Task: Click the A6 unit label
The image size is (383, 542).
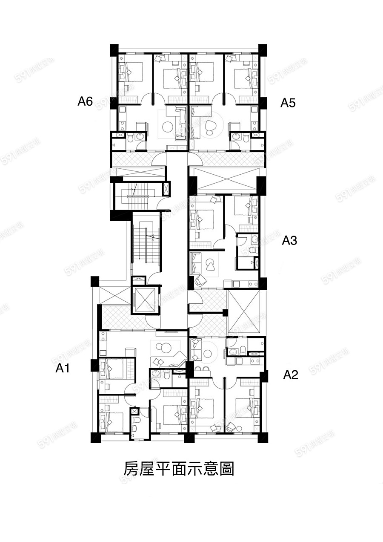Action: [x=85, y=101]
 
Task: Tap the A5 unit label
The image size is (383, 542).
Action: [x=288, y=103]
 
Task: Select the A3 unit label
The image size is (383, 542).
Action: [x=289, y=240]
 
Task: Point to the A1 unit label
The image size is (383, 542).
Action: [x=63, y=369]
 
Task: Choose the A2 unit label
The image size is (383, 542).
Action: [x=291, y=375]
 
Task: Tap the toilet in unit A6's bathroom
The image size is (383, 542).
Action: [x=130, y=138]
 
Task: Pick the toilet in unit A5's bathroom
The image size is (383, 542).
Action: [x=246, y=138]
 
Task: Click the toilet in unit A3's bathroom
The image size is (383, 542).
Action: [x=252, y=250]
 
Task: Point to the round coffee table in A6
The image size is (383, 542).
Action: [x=167, y=126]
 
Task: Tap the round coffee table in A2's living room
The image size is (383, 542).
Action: [x=208, y=355]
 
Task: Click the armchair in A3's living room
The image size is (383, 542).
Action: [x=200, y=281]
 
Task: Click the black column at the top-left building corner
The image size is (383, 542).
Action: [x=114, y=50]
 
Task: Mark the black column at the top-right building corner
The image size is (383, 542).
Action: [x=263, y=50]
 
